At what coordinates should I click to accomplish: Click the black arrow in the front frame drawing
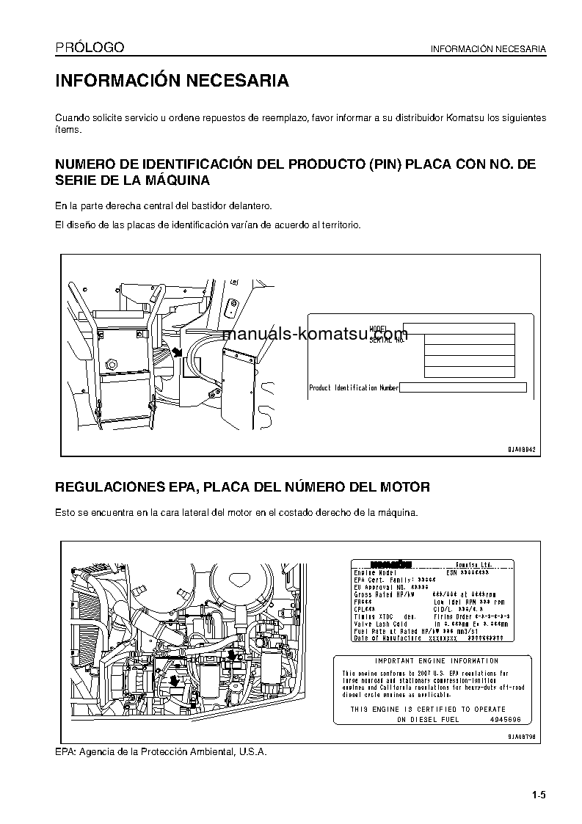pyautogui.click(x=177, y=352)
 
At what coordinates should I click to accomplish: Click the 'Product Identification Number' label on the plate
pyautogui.click(x=354, y=387)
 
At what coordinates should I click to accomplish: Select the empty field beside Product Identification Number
pyautogui.click(x=463, y=387)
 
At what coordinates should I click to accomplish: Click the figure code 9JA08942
pyautogui.click(x=523, y=449)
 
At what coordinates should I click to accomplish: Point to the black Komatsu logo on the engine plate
pyautogui.click(x=391, y=564)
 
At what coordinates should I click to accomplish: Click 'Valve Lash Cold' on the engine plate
pyautogui.click(x=380, y=624)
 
